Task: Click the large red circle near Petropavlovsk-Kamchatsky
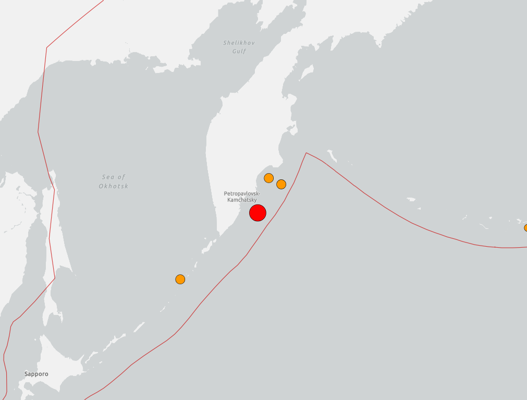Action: click(x=258, y=213)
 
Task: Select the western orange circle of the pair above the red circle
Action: click(x=268, y=178)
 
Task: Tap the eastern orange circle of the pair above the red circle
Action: click(x=281, y=184)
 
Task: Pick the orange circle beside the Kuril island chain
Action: click(x=180, y=279)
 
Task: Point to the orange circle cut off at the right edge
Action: click(x=525, y=227)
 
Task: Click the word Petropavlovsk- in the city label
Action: click(x=241, y=193)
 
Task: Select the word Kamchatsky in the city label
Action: click(x=242, y=200)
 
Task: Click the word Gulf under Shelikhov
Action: click(x=239, y=51)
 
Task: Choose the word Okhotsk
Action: click(x=113, y=186)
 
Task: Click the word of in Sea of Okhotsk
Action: click(x=121, y=177)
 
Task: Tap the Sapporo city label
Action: click(x=36, y=374)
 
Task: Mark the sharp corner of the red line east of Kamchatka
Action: click(x=306, y=153)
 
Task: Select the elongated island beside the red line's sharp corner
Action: click(x=330, y=154)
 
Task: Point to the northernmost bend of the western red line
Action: click(x=47, y=47)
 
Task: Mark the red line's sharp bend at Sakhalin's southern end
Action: click(x=55, y=278)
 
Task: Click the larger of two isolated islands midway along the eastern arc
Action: click(x=410, y=199)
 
